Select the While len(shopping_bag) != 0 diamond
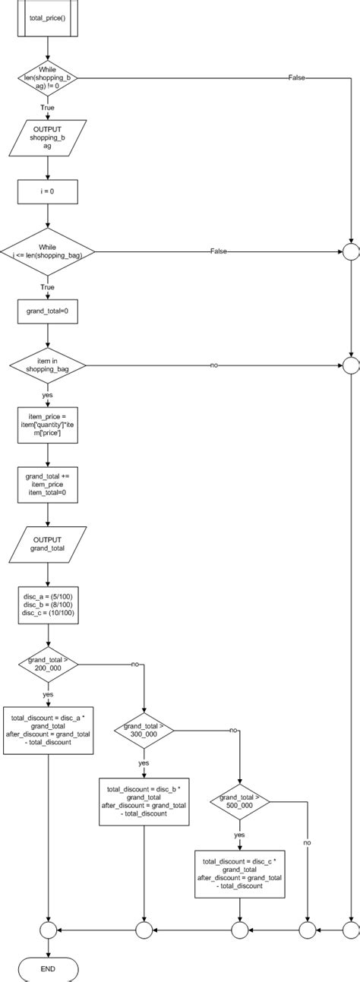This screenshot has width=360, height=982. pos(48,77)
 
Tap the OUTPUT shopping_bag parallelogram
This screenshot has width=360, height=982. pos(48,137)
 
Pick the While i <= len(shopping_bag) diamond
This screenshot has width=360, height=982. pos(48,251)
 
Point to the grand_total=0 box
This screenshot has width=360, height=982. pos(48,311)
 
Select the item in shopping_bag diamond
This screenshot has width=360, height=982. pos(48,365)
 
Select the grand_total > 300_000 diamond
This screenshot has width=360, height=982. pos(144,731)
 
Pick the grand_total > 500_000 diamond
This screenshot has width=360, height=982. pos(239,802)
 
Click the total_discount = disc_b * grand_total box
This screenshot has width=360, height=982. pos(144,802)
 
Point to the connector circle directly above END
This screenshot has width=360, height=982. pos(48,929)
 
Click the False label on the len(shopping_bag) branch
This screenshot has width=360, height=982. pos(298,77)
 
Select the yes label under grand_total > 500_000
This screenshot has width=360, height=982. pos(239,834)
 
